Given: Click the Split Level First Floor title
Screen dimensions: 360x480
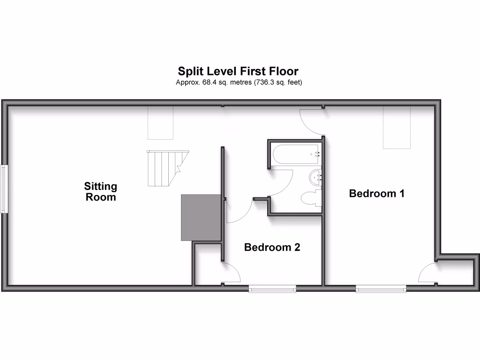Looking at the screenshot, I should point(238,71).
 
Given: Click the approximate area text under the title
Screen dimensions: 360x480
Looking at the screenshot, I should point(238,82).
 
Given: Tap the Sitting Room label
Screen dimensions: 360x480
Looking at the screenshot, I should point(101,192).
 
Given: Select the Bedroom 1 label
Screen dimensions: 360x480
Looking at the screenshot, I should point(376,193).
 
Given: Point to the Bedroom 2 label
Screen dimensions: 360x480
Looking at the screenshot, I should point(272,247).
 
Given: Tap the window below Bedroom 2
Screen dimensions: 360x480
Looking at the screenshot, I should point(272,289).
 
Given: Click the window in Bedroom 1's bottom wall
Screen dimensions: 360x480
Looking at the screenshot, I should point(380,289).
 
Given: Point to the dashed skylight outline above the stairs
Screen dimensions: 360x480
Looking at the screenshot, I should point(161,122).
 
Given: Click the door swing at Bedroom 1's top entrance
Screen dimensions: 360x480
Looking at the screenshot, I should point(310,120).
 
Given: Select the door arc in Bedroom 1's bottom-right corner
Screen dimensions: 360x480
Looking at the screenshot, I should point(427,272).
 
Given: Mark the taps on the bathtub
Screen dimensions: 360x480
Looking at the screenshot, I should point(317,154).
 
